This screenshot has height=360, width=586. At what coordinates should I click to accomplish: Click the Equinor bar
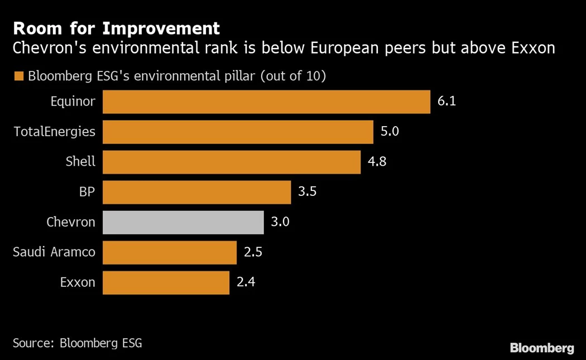(x=266, y=102)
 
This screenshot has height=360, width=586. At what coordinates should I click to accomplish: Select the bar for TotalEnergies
(x=238, y=132)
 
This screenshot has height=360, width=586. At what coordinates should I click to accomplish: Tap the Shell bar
(x=232, y=162)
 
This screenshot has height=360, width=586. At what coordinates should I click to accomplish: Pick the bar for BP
(x=196, y=192)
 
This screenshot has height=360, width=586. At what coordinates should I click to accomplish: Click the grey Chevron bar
(x=183, y=222)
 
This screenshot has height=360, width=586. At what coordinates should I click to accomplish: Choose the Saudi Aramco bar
(x=170, y=252)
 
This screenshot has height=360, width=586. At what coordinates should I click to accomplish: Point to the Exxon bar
(x=166, y=282)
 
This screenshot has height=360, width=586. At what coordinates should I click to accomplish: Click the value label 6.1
(x=447, y=102)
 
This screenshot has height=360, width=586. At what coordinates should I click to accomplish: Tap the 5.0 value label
(x=390, y=132)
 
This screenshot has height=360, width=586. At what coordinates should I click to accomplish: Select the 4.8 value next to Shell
(x=377, y=162)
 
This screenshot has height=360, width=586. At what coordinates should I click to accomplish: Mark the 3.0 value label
(x=280, y=222)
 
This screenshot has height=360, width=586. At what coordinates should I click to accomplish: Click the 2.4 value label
(x=246, y=282)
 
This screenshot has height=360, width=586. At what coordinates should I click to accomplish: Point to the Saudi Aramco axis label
(x=54, y=252)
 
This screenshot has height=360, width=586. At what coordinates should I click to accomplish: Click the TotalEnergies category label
(x=54, y=132)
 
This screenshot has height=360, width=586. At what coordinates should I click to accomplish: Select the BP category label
(x=87, y=192)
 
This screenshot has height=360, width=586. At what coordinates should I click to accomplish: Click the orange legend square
(x=19, y=76)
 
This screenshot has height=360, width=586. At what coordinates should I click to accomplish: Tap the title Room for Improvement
(x=116, y=28)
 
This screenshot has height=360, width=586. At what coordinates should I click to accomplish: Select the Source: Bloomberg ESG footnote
(x=77, y=343)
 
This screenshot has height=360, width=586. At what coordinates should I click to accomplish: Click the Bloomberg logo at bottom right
(x=541, y=348)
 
